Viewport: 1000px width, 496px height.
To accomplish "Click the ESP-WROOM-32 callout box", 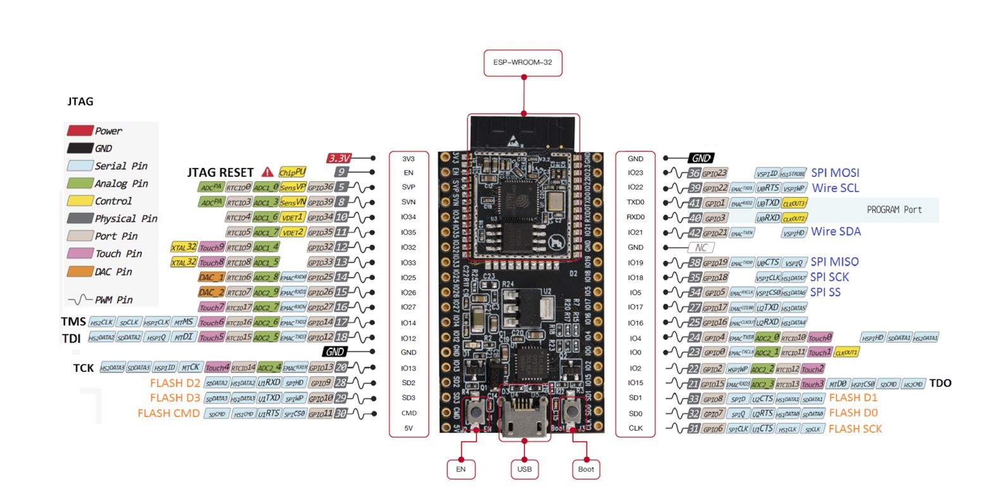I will tap(523, 63).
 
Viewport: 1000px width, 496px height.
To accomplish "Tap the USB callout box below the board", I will tap(524, 469).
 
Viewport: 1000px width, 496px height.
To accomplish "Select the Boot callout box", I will tap(586, 469).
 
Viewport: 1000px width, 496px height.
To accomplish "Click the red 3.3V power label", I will tap(340, 158).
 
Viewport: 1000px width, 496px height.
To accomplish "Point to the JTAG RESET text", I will tap(220, 172).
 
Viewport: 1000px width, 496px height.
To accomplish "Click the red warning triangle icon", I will tap(268, 172).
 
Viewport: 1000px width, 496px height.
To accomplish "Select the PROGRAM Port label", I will tap(894, 210).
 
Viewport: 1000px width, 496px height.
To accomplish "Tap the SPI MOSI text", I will tap(835, 173).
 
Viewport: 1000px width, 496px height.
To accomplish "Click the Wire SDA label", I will tap(835, 232).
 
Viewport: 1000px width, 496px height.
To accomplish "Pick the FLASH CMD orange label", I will tap(168, 414).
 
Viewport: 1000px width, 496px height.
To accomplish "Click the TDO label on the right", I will tap(940, 383).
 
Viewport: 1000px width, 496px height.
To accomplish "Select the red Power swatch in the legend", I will tap(80, 130).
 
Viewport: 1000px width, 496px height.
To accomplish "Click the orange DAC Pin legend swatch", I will tap(80, 272).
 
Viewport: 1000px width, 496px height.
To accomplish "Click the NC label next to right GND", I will tap(701, 248).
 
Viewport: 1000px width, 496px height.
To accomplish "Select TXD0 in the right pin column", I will tap(635, 202).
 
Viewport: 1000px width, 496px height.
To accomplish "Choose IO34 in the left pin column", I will tap(408, 217).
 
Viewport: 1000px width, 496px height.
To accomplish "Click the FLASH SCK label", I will tap(855, 429).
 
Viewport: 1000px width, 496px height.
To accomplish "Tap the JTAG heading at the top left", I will tap(80, 101).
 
